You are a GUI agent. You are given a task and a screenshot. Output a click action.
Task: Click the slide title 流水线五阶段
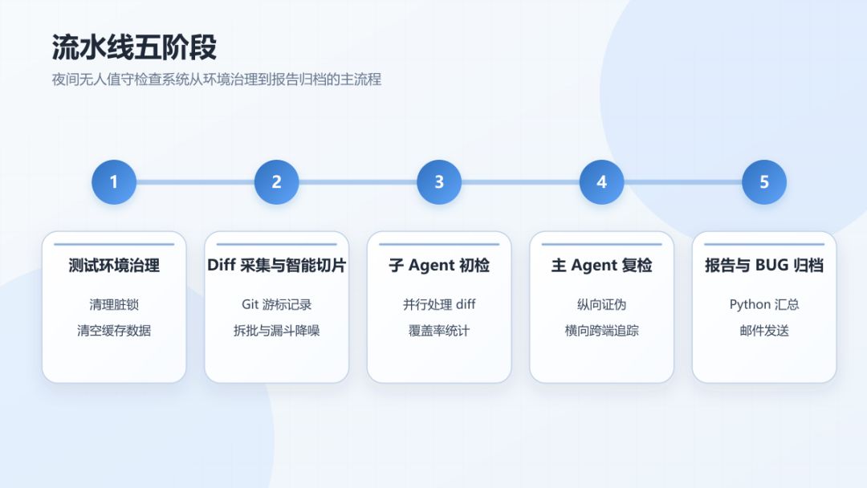(134, 47)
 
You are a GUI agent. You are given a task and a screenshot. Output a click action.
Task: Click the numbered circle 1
(114, 182)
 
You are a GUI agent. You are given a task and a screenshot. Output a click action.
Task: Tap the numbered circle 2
(276, 182)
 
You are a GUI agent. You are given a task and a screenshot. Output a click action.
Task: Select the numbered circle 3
(439, 182)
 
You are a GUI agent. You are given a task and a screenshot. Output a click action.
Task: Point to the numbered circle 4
(601, 182)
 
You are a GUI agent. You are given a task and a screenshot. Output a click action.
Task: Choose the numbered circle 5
(764, 182)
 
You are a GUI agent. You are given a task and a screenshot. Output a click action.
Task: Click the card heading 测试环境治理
(114, 266)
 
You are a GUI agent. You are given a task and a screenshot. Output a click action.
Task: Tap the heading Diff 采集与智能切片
(276, 266)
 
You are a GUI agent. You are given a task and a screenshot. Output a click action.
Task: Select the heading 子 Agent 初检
(439, 266)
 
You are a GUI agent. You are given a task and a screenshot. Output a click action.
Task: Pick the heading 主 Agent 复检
(601, 266)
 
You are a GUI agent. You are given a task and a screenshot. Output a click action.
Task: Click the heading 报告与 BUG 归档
(764, 266)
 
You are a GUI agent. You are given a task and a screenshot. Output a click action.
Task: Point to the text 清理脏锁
(114, 304)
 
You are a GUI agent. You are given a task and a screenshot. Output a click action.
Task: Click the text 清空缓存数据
(114, 331)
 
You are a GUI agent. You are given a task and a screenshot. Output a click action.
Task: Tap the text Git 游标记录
(276, 304)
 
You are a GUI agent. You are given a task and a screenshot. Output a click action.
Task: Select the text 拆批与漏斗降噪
(276, 331)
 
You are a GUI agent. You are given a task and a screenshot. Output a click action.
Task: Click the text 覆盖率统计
(439, 331)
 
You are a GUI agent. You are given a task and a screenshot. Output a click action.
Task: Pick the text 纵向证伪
(601, 304)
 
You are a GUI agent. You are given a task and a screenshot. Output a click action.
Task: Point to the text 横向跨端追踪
(601, 331)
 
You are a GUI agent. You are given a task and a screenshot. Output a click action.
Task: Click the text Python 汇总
(764, 304)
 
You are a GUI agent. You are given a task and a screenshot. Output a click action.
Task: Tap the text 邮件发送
(764, 331)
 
